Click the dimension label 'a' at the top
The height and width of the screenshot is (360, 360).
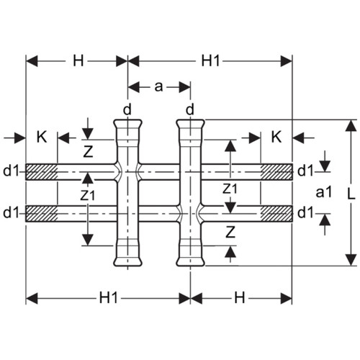[x=158, y=86]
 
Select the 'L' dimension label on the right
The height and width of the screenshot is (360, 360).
[x=351, y=194]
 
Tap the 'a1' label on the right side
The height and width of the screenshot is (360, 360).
[x=324, y=192]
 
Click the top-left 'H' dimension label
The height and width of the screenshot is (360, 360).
[x=78, y=60]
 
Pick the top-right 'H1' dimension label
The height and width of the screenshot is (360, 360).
[x=210, y=60]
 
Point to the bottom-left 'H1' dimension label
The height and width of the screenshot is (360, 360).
[x=109, y=298]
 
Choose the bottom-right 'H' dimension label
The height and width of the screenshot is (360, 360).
[x=239, y=298]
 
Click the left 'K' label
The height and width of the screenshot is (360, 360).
[x=42, y=137]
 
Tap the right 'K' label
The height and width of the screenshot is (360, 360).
[x=276, y=137]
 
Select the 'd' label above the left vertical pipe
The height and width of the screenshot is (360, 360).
[x=127, y=110]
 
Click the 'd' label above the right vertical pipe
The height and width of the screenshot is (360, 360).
[x=190, y=110]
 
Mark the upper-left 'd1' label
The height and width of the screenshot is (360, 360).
[x=11, y=171]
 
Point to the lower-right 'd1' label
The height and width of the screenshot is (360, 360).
[x=305, y=212]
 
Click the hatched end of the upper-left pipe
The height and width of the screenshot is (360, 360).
[x=42, y=172]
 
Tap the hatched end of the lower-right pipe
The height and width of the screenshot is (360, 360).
[x=276, y=214]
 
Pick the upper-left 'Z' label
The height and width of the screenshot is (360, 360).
[x=88, y=151]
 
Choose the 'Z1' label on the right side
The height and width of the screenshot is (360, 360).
[x=230, y=189]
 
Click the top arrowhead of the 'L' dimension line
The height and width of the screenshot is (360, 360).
[x=351, y=126]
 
